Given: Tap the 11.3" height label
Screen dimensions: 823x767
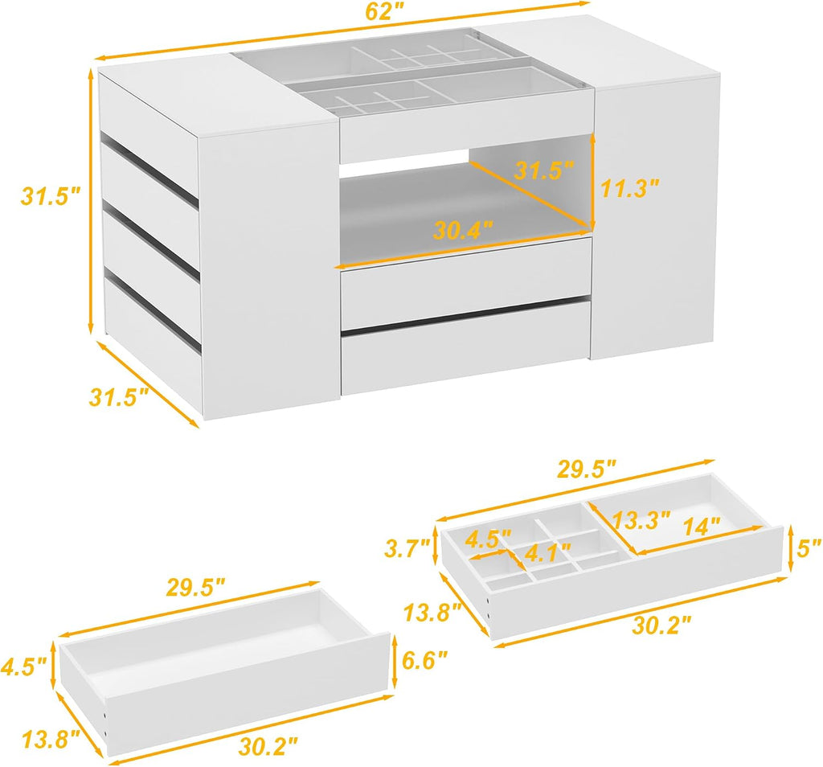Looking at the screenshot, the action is pyautogui.click(x=629, y=188).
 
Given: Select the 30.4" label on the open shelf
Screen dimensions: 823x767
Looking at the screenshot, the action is pyautogui.click(x=463, y=230).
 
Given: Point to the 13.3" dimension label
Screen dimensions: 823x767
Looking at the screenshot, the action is pyautogui.click(x=641, y=520).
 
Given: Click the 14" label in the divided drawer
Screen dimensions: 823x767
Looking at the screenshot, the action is pyautogui.click(x=702, y=525).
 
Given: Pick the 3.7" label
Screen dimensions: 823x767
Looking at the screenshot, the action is pyautogui.click(x=407, y=548).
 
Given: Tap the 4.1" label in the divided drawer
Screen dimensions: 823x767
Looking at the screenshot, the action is pyautogui.click(x=548, y=552).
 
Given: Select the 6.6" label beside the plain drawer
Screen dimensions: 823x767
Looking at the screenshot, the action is pyautogui.click(x=424, y=660).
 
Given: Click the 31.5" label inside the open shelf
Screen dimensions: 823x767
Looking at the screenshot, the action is pyautogui.click(x=544, y=170).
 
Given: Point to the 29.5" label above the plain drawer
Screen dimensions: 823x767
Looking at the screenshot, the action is pyautogui.click(x=196, y=587).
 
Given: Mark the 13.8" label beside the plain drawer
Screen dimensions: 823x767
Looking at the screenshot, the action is pyautogui.click(x=51, y=740).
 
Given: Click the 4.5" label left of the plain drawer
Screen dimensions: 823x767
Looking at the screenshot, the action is pyautogui.click(x=24, y=667).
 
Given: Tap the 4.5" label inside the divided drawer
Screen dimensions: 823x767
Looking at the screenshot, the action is pyautogui.click(x=488, y=539).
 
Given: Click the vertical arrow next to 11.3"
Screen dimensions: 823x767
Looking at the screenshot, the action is pyautogui.click(x=592, y=179).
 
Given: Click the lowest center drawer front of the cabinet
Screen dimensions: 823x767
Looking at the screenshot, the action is pyautogui.click(x=466, y=347).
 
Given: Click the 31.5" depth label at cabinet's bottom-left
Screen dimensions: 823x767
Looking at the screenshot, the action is pyautogui.click(x=119, y=397).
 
